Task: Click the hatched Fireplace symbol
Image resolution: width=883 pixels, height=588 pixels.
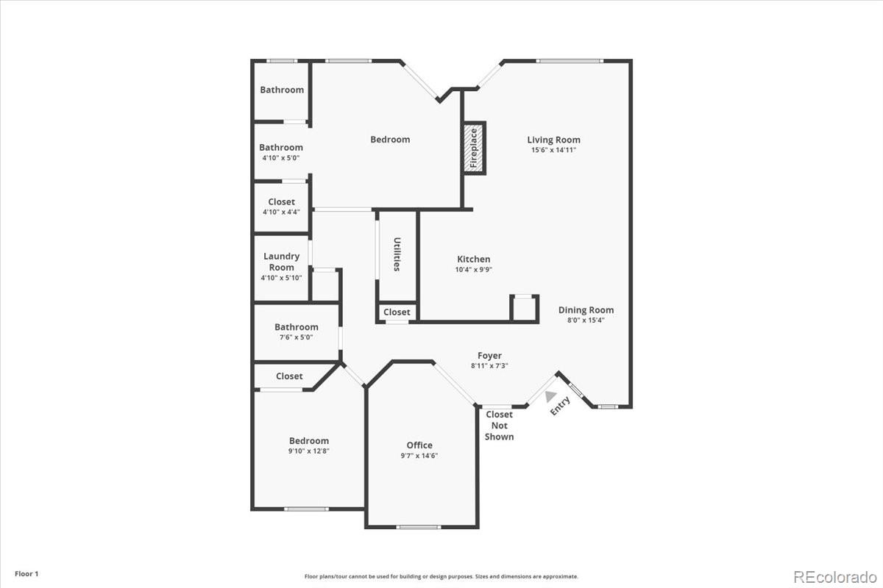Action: [474, 148]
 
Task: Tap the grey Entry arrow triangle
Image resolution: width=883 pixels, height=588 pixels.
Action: [550, 395]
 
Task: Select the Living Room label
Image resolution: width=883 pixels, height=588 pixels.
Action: [553, 140]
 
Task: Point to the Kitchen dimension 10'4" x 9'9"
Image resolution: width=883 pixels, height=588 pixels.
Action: [473, 270]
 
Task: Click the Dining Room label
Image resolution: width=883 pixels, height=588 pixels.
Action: [586, 310]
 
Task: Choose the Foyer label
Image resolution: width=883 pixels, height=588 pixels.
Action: [489, 356]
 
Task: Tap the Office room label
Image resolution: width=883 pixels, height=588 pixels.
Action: [419, 445]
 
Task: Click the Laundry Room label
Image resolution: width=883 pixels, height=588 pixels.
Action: [281, 262]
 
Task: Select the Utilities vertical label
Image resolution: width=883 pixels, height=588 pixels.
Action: [397, 254]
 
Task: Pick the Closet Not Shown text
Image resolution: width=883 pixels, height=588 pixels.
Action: [499, 426]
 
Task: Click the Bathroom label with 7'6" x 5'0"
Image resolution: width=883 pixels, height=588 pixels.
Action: [297, 327]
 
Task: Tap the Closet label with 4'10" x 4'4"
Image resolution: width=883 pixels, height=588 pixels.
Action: [281, 201]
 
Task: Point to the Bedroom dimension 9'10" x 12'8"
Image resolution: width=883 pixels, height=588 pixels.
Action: [308, 451]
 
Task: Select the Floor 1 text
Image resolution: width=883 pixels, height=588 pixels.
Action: [26, 573]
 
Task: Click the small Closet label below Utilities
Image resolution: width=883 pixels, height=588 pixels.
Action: [397, 312]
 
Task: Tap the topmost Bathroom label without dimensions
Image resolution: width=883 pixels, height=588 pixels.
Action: [282, 90]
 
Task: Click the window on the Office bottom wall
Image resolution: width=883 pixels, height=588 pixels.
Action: [418, 526]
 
